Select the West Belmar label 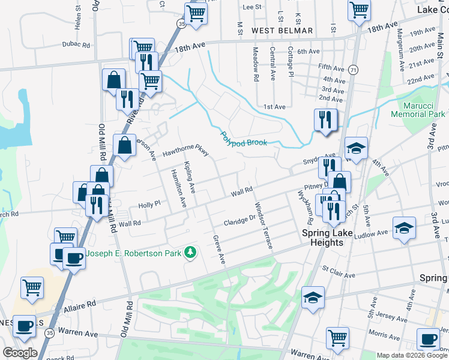click(x=282, y=31)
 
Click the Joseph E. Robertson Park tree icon click(x=191, y=253)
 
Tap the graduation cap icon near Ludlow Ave click(x=404, y=227)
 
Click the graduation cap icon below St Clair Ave click(x=313, y=298)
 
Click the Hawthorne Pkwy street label click(x=186, y=153)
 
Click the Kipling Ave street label click(x=190, y=177)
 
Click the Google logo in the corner click(x=20, y=353)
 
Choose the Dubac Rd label click(x=76, y=44)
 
